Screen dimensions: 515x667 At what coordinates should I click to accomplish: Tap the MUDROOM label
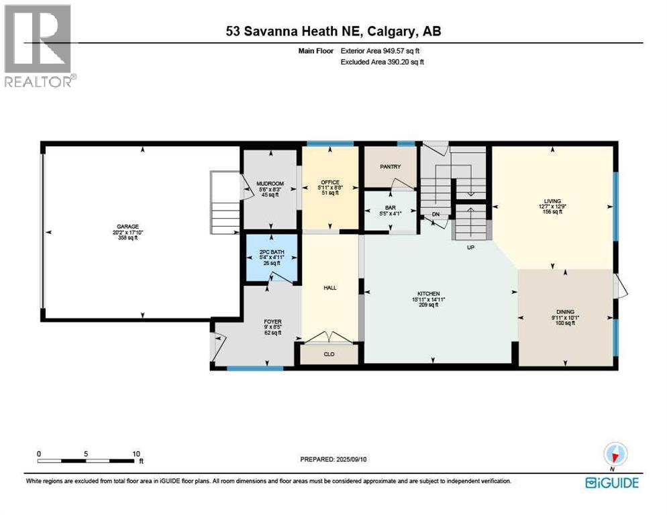coord(270,184)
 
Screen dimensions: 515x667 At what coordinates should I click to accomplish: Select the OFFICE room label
coord(329,182)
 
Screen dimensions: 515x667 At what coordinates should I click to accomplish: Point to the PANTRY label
coord(390,167)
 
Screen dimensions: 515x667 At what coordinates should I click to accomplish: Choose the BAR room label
coord(390,209)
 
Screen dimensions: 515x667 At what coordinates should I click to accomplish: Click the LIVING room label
coord(552,199)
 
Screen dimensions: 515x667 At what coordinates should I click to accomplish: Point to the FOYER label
coord(272,321)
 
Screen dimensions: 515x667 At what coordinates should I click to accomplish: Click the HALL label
coord(329,288)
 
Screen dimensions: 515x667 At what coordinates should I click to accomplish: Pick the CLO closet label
coord(329,355)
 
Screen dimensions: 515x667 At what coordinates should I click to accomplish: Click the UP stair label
coord(472,247)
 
